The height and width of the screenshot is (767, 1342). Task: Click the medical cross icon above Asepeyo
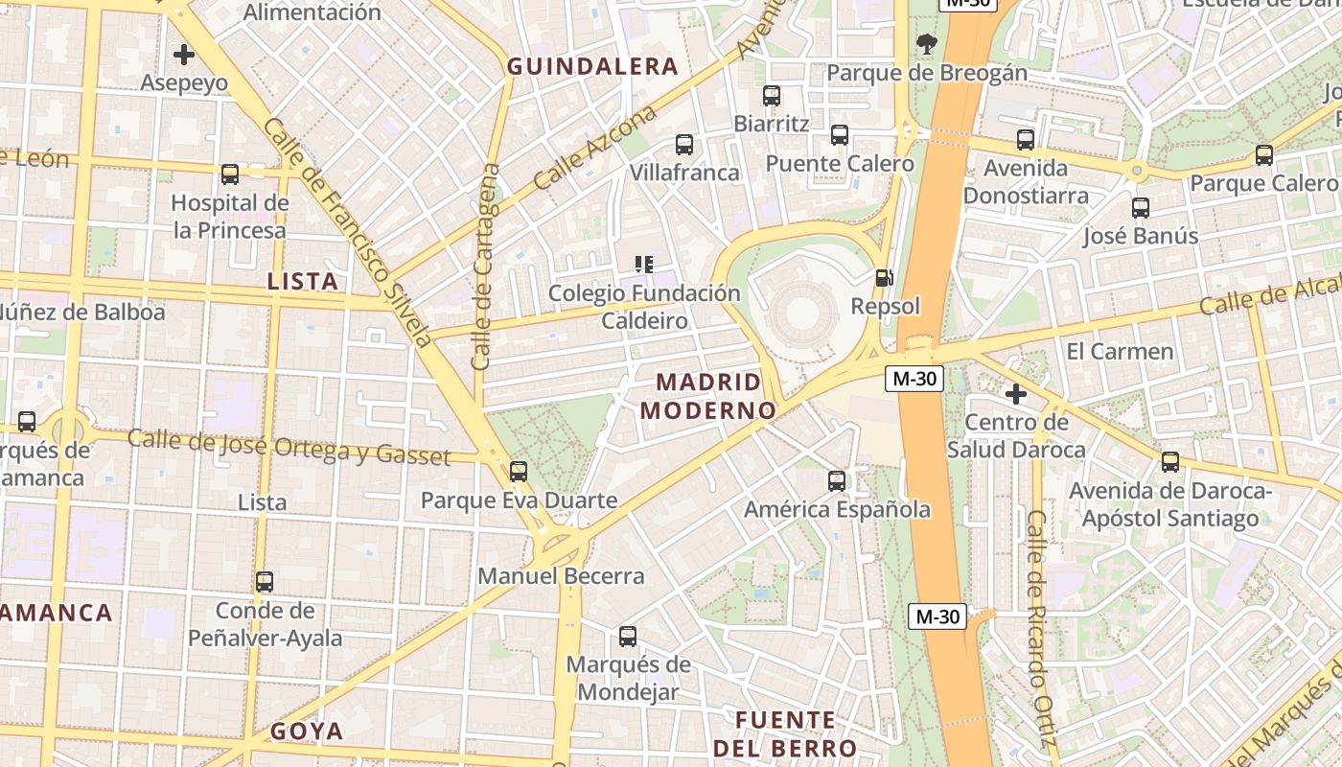(183, 54)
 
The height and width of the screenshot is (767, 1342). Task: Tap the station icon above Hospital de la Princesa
(230, 174)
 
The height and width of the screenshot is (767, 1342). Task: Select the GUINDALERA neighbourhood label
(592, 66)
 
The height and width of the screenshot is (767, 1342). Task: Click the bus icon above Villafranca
(684, 145)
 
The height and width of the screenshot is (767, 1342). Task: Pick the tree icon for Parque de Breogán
(926, 43)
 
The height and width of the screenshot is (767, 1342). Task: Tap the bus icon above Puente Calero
(840, 135)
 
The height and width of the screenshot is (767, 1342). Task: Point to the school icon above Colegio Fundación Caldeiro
(644, 264)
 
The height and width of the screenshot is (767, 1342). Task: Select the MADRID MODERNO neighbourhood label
(708, 396)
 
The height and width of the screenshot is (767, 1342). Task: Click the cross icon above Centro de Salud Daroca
(1016, 393)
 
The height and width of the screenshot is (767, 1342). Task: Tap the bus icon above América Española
(837, 480)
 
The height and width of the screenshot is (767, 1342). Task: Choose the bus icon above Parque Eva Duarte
(519, 471)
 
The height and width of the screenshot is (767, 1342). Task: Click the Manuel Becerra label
(561, 576)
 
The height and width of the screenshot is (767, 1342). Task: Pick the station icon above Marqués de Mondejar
(628, 636)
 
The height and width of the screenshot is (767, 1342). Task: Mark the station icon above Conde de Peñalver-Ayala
(265, 581)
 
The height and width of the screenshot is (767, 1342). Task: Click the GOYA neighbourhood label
(307, 732)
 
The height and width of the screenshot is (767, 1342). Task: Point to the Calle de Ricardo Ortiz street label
(1040, 628)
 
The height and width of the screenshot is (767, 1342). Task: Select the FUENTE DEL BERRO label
(785, 733)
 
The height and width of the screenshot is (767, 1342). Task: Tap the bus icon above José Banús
(1141, 207)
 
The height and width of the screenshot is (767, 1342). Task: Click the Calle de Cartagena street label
(486, 267)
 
